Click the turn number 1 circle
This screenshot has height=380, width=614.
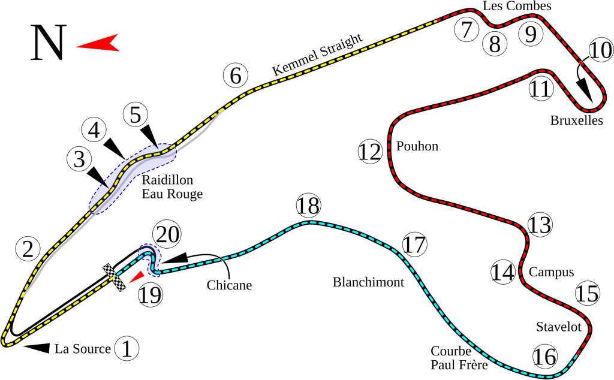(x=126, y=349)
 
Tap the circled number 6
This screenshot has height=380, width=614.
(x=235, y=76)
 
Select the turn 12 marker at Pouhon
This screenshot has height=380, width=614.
(x=370, y=152)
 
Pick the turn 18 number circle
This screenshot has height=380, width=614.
(x=309, y=207)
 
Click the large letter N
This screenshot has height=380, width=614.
(x=47, y=43)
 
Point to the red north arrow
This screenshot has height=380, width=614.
(x=98, y=43)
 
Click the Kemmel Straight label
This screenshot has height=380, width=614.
(x=318, y=55)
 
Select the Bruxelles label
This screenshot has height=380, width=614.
(x=576, y=120)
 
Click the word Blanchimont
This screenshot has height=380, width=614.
(x=368, y=282)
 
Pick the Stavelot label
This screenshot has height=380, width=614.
(x=559, y=327)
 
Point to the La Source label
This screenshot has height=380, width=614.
(x=83, y=349)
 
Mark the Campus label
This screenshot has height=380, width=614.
(x=551, y=272)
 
